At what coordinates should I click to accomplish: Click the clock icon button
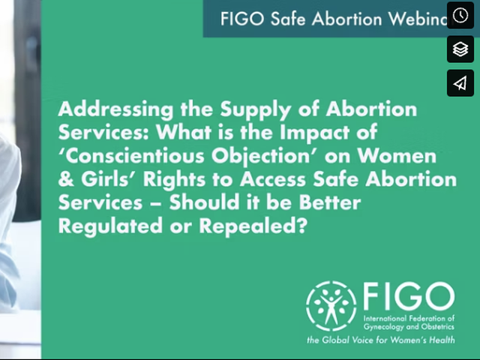460,16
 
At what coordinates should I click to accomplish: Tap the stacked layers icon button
460,49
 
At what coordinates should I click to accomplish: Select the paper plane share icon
460,82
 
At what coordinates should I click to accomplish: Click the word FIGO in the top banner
241,19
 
